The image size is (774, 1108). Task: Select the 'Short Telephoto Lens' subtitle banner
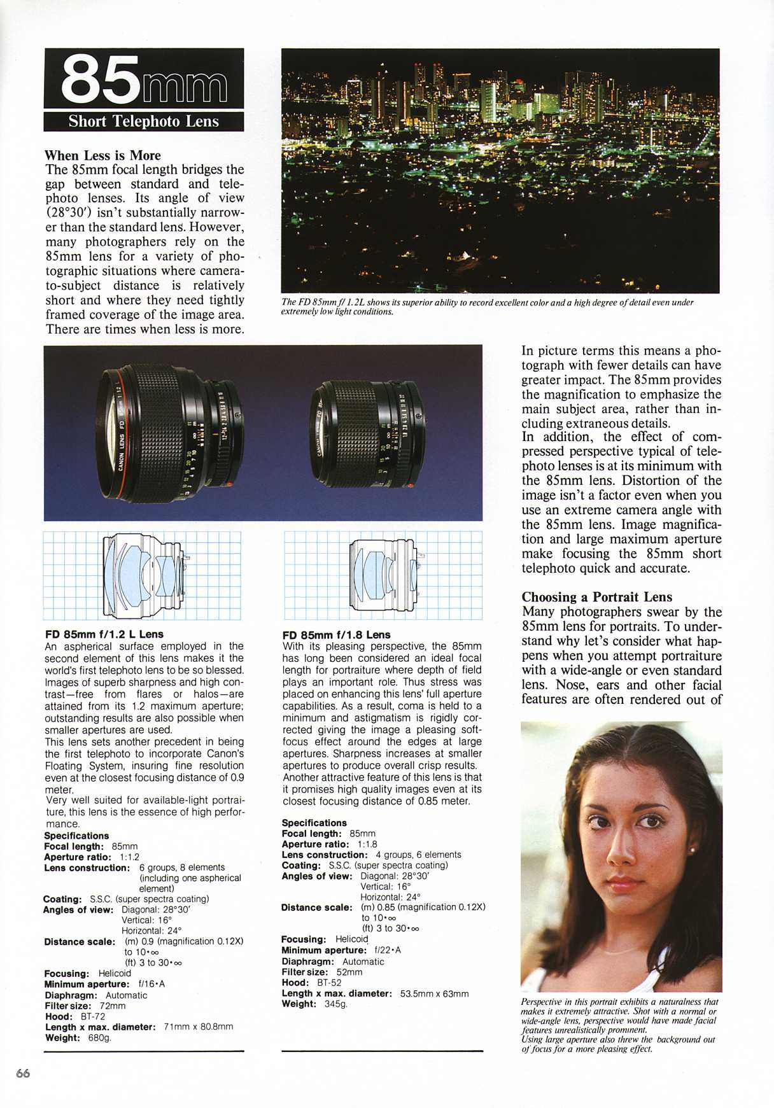pos(143,122)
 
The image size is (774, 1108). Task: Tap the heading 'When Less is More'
pos(102,155)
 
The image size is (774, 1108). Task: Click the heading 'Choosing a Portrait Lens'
pos(596,597)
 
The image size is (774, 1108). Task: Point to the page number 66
pos(23,1073)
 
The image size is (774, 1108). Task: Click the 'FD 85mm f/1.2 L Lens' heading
pos(104,634)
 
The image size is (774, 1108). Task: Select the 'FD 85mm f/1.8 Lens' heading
pos(336,635)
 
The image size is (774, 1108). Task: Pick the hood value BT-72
pos(93,1016)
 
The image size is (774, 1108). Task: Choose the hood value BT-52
pos(329,982)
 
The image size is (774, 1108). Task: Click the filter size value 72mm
pos(113,1006)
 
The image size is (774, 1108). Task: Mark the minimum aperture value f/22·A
pos(388,950)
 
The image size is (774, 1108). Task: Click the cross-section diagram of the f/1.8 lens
pos(384,575)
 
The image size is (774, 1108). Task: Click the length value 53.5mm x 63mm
pos(434,993)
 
